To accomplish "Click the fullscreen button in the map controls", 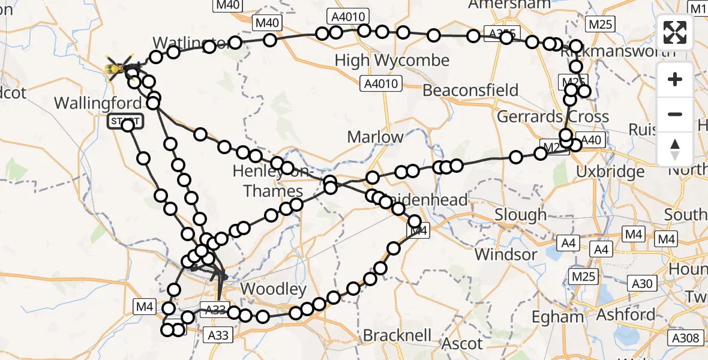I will pos(676,32).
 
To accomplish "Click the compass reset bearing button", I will pos(676,149).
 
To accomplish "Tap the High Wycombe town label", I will pos(392,61).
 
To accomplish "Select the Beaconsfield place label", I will pos(470,91).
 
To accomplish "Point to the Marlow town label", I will pos(376,137).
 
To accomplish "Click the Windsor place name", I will pos(506,254).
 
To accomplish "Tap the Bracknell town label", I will pos(397,335).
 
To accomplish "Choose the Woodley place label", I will pos(274,290).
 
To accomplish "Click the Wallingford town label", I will pos(93,103).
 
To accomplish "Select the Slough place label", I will pos(521,215).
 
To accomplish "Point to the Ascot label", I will pos(462,344).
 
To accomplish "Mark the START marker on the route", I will pos(125,121).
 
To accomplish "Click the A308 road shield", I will pos(685,338).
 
